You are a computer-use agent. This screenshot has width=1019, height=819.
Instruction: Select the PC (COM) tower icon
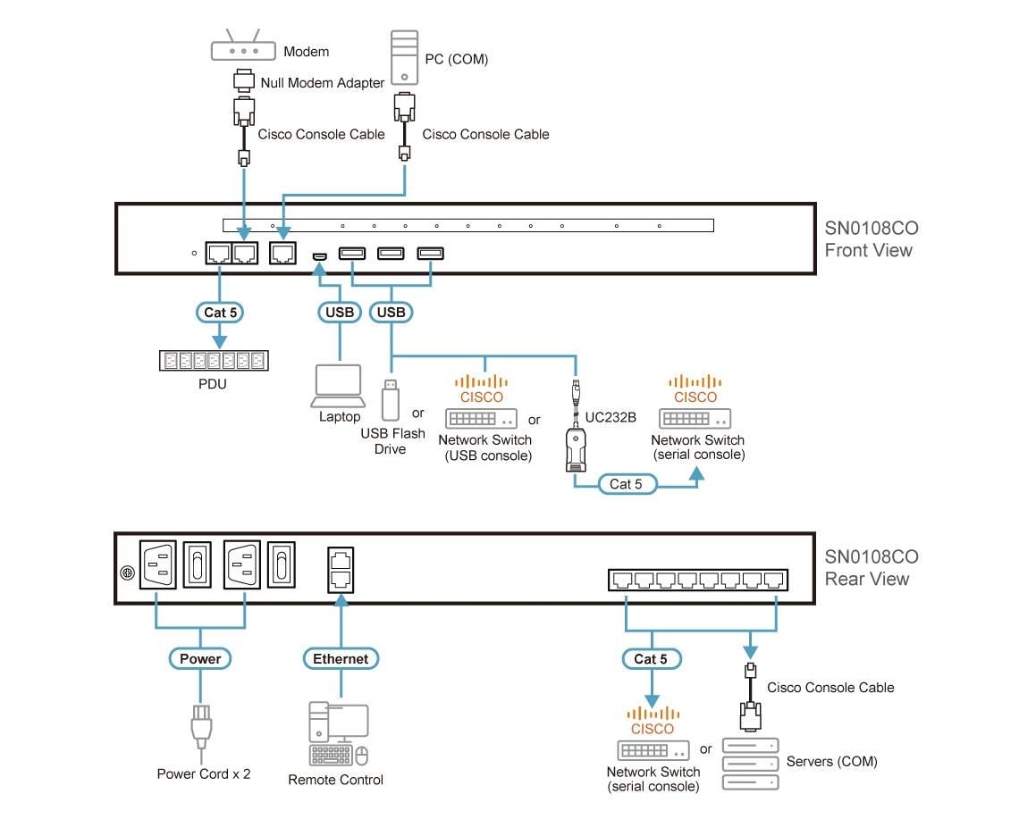point(404,57)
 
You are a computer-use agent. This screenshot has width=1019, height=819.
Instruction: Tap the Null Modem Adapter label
point(322,83)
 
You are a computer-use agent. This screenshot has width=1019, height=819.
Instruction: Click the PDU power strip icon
point(215,361)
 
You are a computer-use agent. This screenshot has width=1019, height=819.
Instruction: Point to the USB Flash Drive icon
point(390,399)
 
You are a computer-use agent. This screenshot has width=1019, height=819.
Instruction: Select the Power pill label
point(200,659)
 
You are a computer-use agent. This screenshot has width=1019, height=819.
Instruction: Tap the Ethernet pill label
point(341,659)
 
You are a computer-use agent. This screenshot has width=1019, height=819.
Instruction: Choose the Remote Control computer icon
point(338,734)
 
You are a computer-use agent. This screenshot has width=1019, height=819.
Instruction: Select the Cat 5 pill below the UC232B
point(627,484)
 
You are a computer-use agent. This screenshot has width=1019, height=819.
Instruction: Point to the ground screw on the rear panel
point(126,572)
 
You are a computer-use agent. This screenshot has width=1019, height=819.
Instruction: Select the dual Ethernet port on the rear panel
point(341,567)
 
